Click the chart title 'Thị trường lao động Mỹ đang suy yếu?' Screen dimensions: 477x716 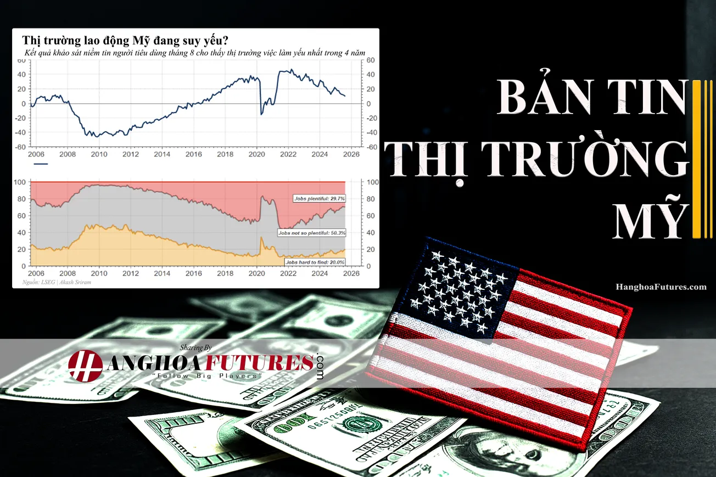point(126,40)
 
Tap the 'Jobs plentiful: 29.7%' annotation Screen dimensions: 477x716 point(319,198)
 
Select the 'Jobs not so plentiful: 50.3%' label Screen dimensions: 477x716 point(312,233)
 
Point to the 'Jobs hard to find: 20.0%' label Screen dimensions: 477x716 point(315,262)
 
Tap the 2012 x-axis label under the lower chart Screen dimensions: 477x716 point(130,273)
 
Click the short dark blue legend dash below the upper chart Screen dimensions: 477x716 point(41,164)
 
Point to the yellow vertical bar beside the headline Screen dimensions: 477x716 point(698,159)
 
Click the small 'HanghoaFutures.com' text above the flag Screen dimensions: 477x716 point(661,287)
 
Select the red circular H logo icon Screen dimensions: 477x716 point(85,365)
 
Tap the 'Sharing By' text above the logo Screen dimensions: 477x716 point(195,347)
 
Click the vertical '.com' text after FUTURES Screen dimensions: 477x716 point(320,366)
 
